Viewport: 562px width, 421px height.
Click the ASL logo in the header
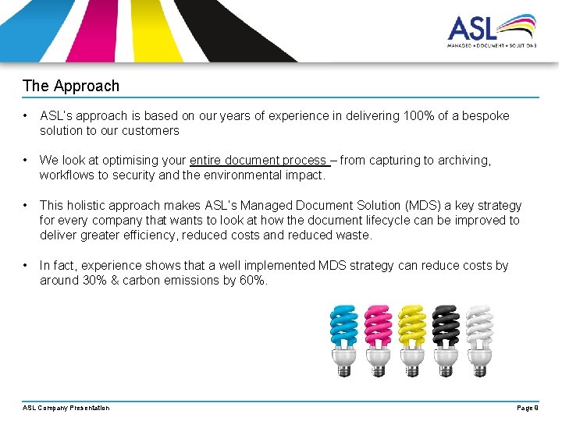[491, 31]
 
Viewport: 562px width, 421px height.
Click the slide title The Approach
[71, 86]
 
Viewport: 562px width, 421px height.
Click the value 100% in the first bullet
[418, 115]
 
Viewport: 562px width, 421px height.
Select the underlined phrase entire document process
[258, 160]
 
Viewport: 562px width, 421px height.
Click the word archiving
[462, 160]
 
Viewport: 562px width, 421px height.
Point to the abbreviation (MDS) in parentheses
[421, 205]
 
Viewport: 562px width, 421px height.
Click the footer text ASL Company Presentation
[66, 408]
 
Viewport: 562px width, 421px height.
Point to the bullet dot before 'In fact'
[27, 265]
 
